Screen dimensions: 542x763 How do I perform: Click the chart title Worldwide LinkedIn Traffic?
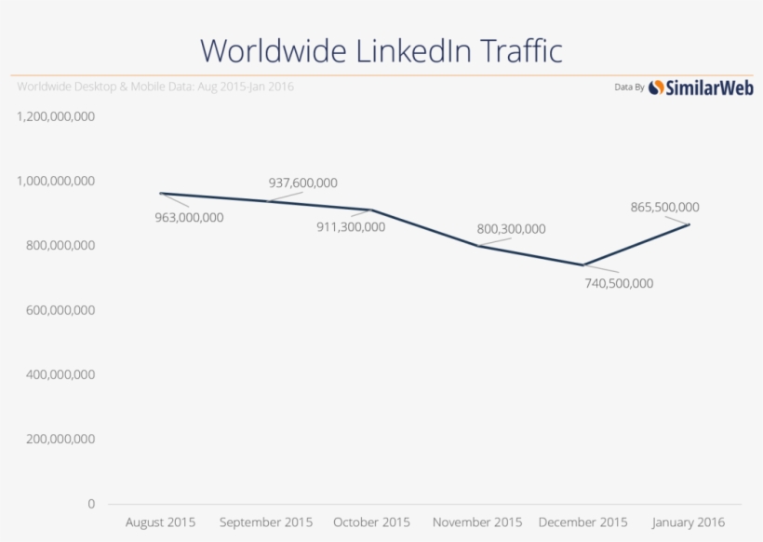coord(381,49)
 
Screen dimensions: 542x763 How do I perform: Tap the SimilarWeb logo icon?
coord(657,88)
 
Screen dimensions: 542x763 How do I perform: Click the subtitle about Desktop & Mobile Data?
coord(156,87)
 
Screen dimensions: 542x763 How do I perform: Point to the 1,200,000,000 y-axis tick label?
coord(56,116)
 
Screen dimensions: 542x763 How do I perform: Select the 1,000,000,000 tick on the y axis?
coord(56,181)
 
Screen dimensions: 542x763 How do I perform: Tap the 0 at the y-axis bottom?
coord(91,504)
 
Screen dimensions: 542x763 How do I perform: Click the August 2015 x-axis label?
coord(161,522)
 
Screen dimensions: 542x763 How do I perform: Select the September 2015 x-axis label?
coord(266,522)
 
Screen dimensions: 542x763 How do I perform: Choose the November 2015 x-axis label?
coord(478,522)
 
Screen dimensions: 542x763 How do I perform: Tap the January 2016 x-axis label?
coord(689,522)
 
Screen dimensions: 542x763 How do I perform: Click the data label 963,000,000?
coord(190,217)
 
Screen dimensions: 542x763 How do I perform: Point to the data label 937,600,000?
coord(302,183)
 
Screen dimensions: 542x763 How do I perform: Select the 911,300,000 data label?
coord(351,226)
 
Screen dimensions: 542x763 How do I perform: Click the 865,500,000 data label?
coord(664,207)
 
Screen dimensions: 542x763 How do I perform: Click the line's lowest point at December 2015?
coord(583,264)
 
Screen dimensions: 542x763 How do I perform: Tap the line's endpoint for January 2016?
coord(689,224)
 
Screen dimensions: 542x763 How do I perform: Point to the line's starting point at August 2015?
coord(161,193)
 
